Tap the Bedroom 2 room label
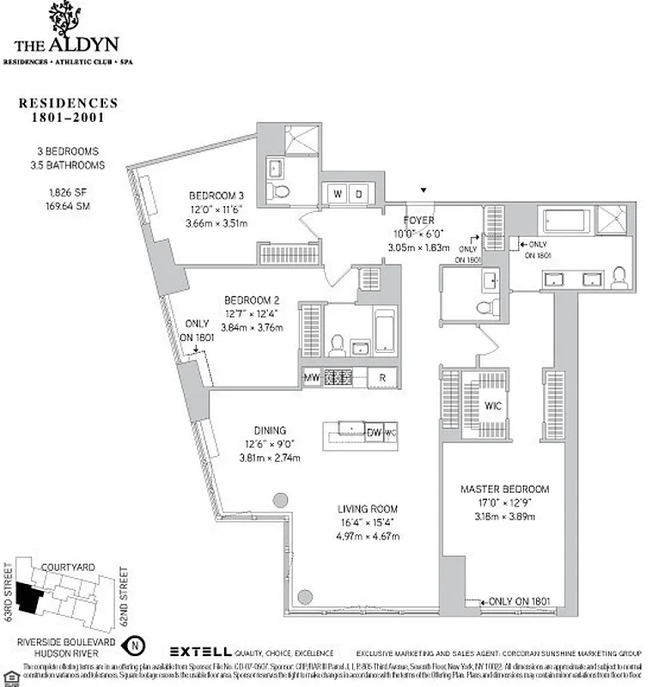[x=253, y=300]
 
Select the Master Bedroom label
[x=504, y=489]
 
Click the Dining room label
[x=269, y=430]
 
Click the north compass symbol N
[x=134, y=644]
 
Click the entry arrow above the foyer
[x=422, y=190]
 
